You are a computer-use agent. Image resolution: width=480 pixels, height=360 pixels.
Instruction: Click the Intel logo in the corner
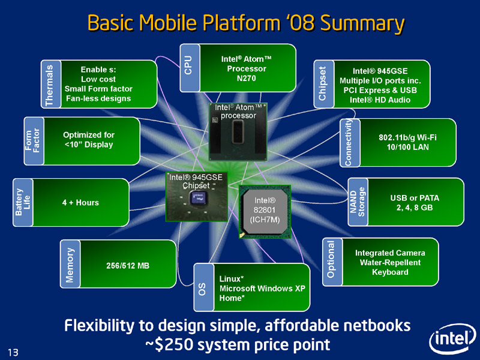[453, 339]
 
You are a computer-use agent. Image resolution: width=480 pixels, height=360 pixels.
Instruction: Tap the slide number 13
[13, 352]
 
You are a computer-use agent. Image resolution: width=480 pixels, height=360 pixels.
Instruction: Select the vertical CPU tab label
[188, 65]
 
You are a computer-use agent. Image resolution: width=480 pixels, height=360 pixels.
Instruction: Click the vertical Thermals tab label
[49, 85]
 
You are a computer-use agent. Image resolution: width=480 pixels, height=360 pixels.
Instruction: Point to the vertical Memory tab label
[70, 265]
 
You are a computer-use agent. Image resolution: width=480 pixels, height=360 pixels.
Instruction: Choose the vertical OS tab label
[202, 289]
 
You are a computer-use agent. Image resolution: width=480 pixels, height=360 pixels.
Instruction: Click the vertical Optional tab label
[331, 259]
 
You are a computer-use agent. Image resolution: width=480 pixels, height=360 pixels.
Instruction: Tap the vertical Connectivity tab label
[349, 143]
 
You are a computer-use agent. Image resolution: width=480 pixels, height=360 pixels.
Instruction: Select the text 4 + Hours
[80, 203]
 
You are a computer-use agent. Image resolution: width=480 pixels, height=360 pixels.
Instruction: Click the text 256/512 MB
[128, 266]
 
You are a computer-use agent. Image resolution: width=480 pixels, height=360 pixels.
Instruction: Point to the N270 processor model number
[246, 79]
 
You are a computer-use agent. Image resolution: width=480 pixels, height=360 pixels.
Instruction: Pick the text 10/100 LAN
[408, 147]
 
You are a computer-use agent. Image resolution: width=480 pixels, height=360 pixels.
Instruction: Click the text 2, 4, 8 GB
[415, 208]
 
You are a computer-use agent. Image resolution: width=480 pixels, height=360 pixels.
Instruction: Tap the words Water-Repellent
[391, 263]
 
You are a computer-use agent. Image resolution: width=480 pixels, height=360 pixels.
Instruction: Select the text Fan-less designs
[98, 98]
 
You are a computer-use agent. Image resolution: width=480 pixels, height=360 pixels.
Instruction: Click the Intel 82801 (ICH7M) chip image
[265, 212]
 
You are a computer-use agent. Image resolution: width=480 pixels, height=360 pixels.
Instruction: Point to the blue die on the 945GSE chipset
[197, 199]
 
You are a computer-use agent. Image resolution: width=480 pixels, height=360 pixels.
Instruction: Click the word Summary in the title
[362, 23]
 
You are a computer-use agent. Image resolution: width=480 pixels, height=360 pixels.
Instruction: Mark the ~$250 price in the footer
[169, 344]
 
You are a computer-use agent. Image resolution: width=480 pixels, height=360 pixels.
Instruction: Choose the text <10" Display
[89, 145]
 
